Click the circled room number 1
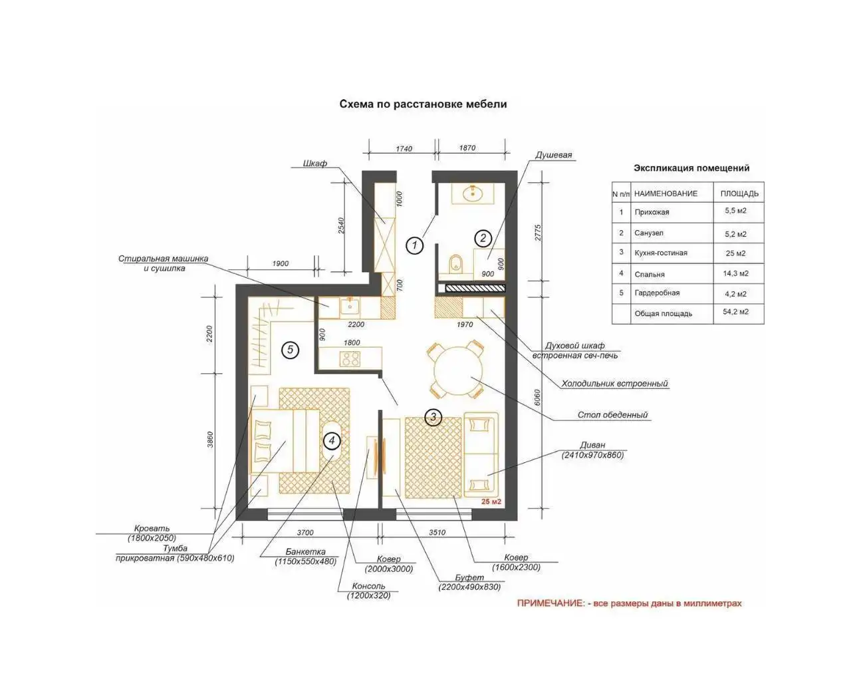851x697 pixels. point(414,245)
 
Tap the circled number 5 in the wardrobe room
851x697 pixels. point(290,350)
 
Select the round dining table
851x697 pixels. point(458,371)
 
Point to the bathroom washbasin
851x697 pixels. point(473,194)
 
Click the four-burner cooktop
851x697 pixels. point(350,358)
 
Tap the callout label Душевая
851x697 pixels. point(553,155)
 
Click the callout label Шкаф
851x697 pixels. point(314,164)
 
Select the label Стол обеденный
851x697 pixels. point(612,414)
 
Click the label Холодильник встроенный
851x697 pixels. point(614,383)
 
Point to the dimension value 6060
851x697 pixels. point(537,398)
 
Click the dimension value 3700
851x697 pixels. point(305,532)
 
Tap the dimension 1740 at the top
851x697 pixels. point(404,148)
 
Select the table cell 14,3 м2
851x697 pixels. point(735,273)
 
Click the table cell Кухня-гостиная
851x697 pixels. point(661,253)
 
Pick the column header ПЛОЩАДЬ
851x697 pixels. point(739,194)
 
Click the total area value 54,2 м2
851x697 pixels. point(735,311)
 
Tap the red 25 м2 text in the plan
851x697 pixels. point(491,501)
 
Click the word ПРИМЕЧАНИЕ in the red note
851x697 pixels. point(550,603)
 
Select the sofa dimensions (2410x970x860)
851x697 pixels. point(592,455)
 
